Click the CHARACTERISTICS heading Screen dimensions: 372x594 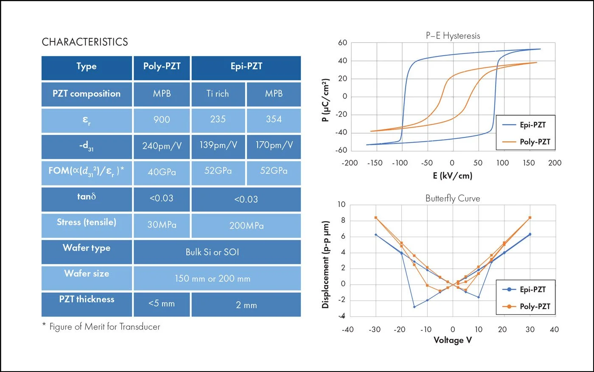pos(85,42)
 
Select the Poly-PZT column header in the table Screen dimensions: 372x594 pos(162,67)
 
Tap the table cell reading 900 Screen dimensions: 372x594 pos(162,120)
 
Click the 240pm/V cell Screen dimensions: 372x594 pos(162,146)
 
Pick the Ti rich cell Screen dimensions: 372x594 pos(218,94)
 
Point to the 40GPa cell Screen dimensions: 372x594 pos(162,172)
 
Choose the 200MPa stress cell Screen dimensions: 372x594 pos(246,226)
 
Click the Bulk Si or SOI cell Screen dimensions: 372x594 pos(212,252)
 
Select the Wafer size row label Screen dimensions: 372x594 pos(87,274)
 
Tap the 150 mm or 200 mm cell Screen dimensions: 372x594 pos(212,279)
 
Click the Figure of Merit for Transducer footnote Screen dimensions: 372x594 pos(104,327)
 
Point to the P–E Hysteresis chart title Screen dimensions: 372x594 pos(453,36)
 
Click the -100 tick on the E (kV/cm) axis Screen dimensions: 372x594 pos(400,163)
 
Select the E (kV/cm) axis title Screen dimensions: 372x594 pos(452,176)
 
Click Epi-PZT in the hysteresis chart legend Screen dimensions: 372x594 pos(532,125)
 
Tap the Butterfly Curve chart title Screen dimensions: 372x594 pos(453,199)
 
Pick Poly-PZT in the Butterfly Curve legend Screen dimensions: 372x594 pos(535,306)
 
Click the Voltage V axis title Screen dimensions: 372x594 pos(452,340)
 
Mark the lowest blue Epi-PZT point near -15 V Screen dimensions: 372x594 pos(414,307)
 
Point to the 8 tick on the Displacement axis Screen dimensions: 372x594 pos(343,221)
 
